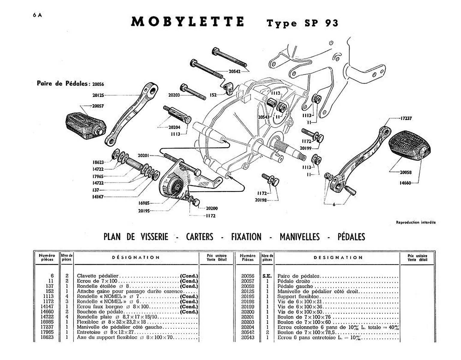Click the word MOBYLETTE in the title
coord(188,22)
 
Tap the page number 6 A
coord(37,15)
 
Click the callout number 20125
coord(98,95)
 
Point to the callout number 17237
coord(406,118)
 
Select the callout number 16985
coord(144,203)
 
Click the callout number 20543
coord(264,117)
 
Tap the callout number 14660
coord(405,183)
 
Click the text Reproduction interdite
coord(416,223)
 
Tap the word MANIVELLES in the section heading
coord(299,237)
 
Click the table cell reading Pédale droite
coord(294,281)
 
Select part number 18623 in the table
coord(48,337)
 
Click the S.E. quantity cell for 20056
coord(267,276)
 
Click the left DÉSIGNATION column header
coord(136,257)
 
